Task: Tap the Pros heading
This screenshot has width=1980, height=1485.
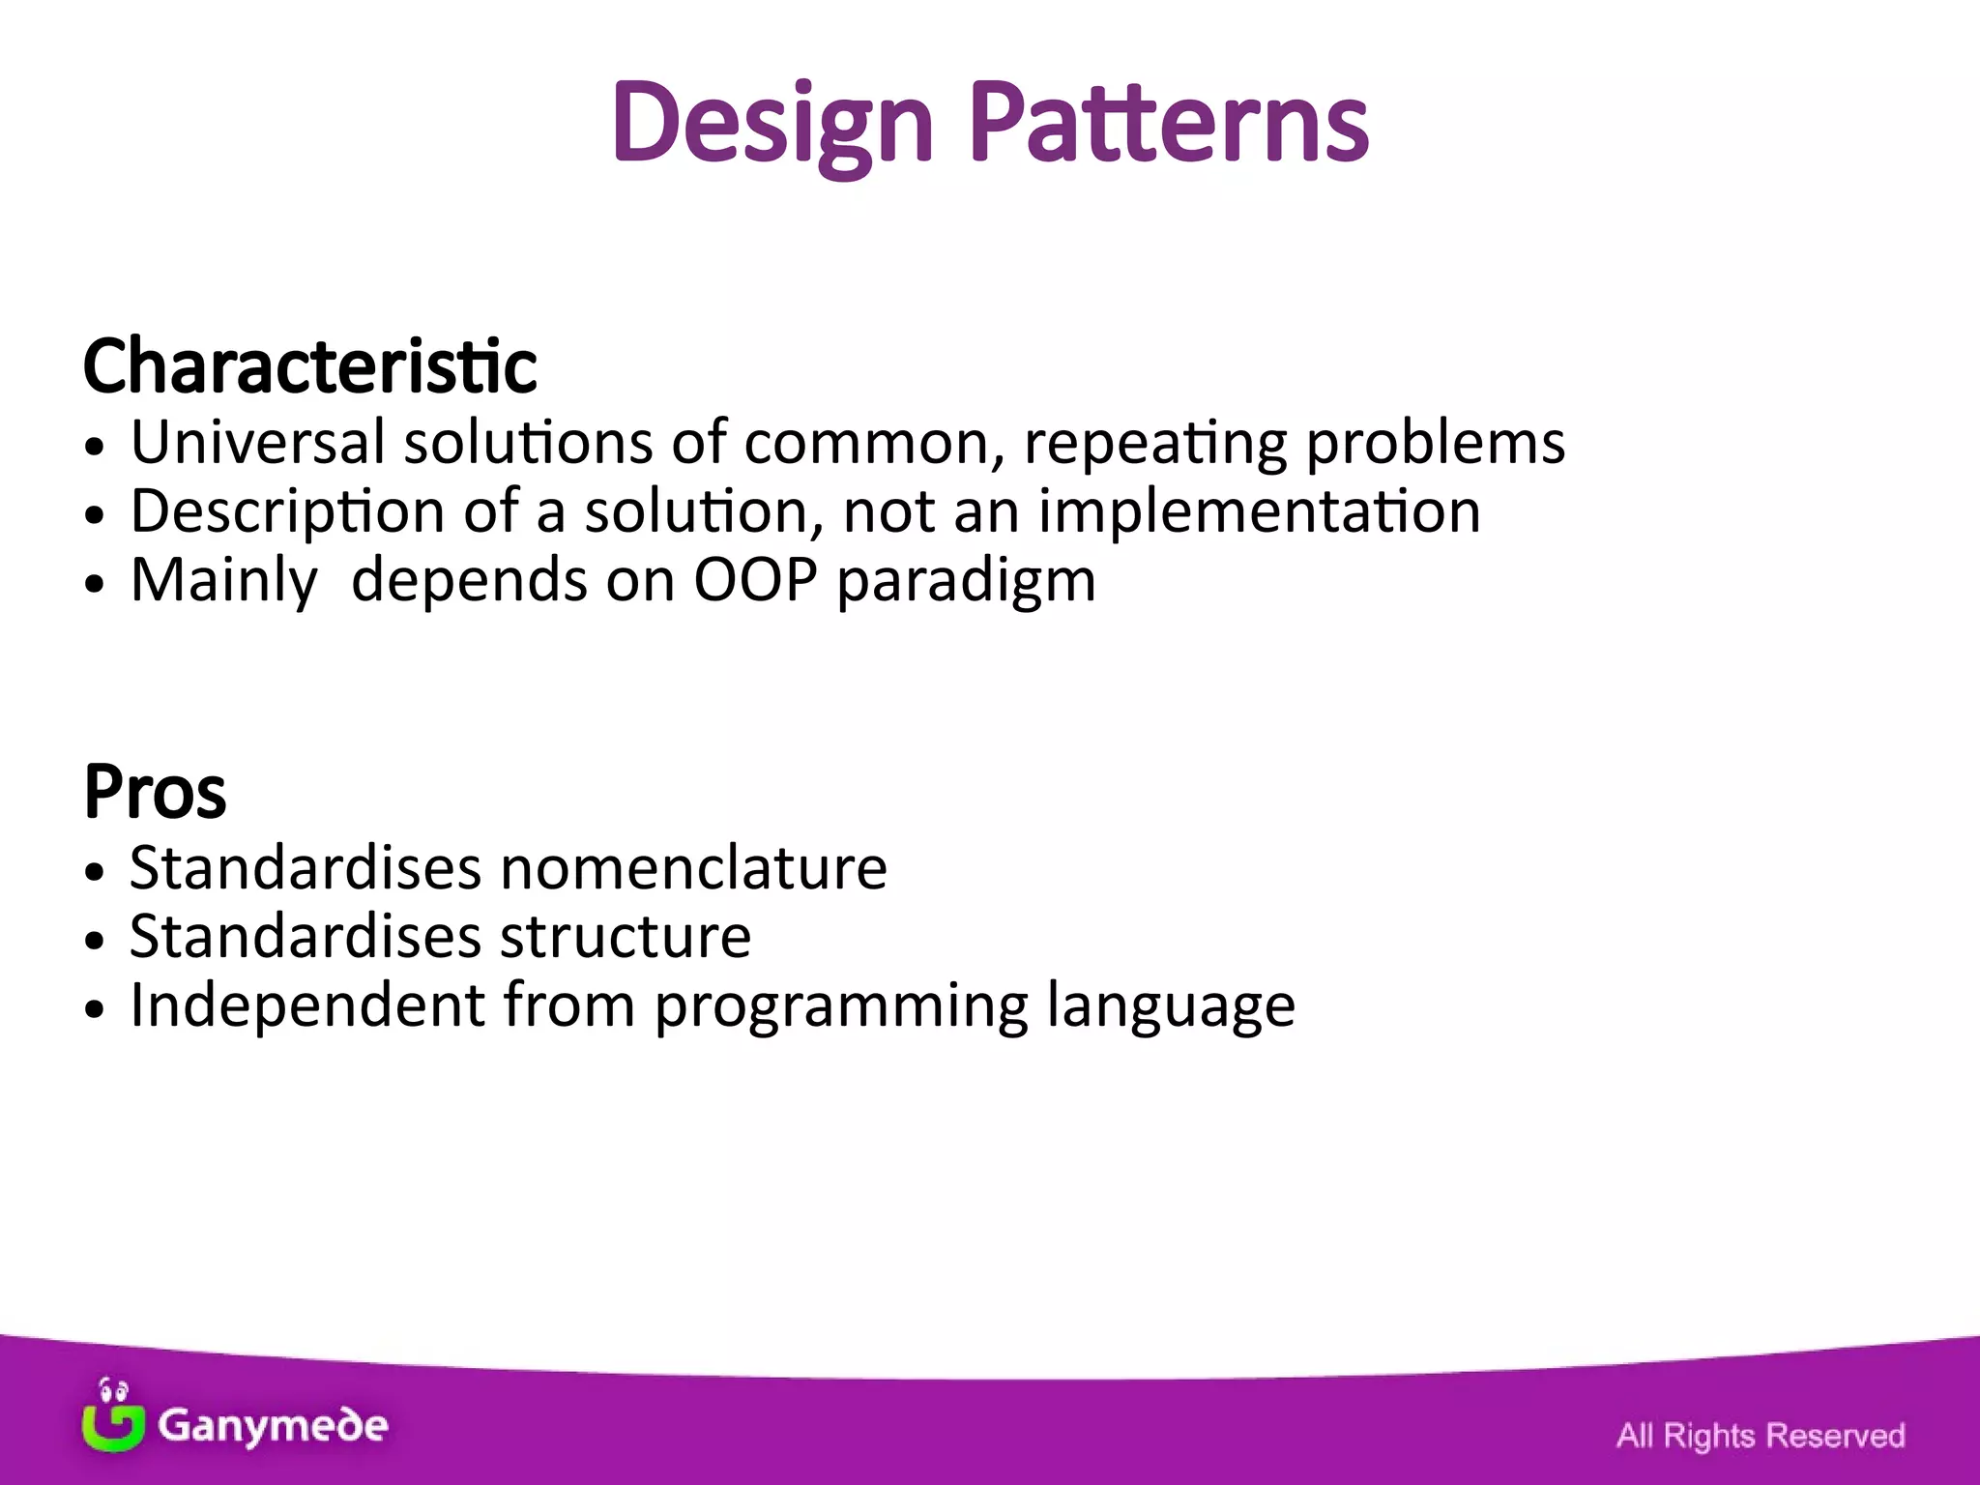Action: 155,792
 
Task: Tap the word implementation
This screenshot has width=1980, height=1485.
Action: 1259,512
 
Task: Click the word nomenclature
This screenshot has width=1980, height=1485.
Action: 693,867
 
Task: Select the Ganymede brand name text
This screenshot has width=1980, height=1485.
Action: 273,1425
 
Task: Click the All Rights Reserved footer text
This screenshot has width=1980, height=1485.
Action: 1760,1436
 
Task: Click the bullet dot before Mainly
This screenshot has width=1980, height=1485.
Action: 94,584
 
